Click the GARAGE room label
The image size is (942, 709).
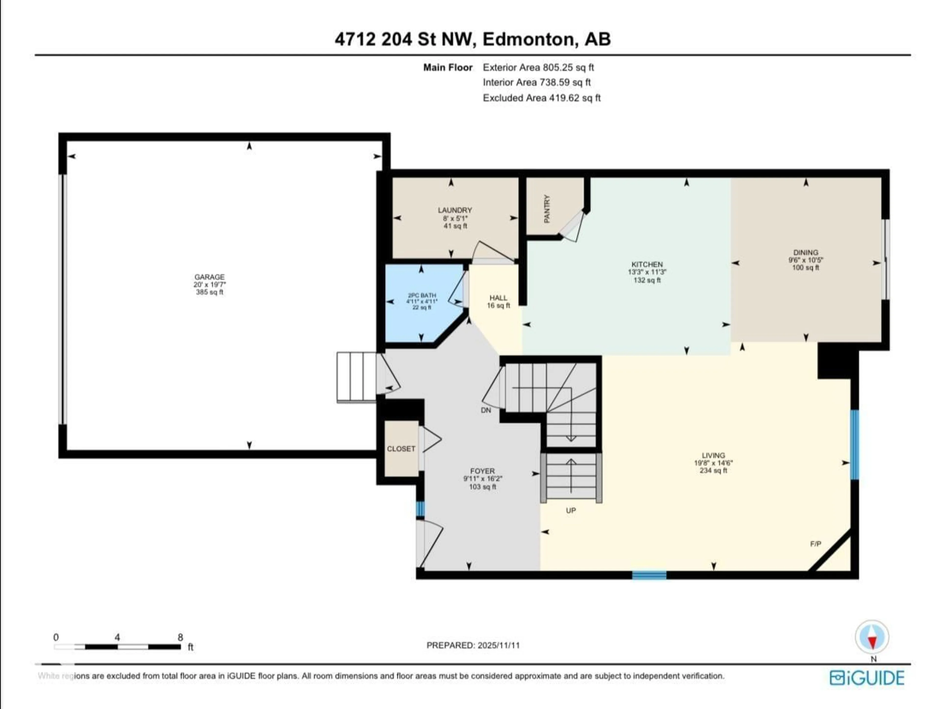pyautogui.click(x=209, y=277)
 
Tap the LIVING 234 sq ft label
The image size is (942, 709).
pyautogui.click(x=713, y=463)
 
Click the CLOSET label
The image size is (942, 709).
pyautogui.click(x=401, y=449)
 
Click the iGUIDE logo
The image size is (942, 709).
pyautogui.click(x=867, y=678)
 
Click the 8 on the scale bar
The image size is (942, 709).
pyautogui.click(x=180, y=637)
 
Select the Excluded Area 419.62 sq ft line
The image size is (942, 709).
pyautogui.click(x=541, y=98)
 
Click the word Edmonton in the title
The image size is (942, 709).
pyautogui.click(x=528, y=39)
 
